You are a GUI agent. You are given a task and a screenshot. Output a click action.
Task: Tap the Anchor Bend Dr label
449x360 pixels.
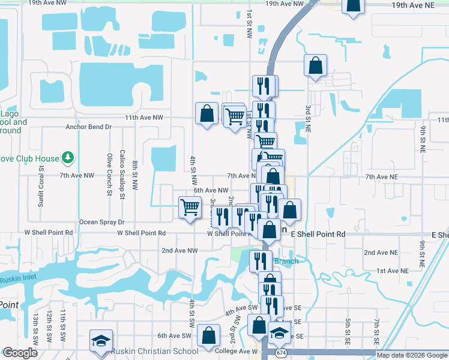(88, 127)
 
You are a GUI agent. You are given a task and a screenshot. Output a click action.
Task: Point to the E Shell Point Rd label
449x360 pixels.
(318, 235)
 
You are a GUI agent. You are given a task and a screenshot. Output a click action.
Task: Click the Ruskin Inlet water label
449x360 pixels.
(17, 280)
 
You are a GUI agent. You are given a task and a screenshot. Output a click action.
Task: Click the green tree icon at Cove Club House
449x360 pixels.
(68, 158)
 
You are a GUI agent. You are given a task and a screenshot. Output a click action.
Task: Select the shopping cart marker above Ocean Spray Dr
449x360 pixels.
(190, 208)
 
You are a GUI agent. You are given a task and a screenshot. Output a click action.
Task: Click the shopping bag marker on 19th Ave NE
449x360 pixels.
(354, 5)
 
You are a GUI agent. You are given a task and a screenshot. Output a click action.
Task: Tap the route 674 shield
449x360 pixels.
(281, 353)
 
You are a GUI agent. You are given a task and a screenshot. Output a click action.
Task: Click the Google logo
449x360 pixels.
(20, 353)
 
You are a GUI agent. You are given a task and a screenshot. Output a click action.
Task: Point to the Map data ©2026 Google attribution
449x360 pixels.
(412, 355)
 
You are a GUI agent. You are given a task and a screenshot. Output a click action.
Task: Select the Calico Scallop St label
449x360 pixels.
(122, 174)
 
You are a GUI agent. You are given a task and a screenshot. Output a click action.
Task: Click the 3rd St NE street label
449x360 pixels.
(307, 118)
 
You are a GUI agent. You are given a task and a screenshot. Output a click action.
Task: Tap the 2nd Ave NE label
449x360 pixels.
(381, 253)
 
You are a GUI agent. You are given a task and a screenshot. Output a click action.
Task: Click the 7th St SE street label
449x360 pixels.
(376, 331)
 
